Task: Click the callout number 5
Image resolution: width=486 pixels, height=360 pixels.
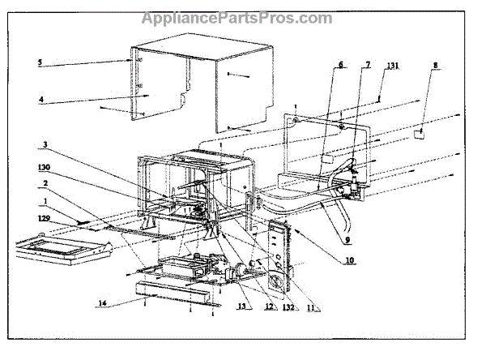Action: (x=38, y=62)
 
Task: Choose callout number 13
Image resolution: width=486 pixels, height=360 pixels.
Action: (x=220, y=307)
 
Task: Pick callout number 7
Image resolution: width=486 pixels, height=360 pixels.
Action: (x=368, y=63)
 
